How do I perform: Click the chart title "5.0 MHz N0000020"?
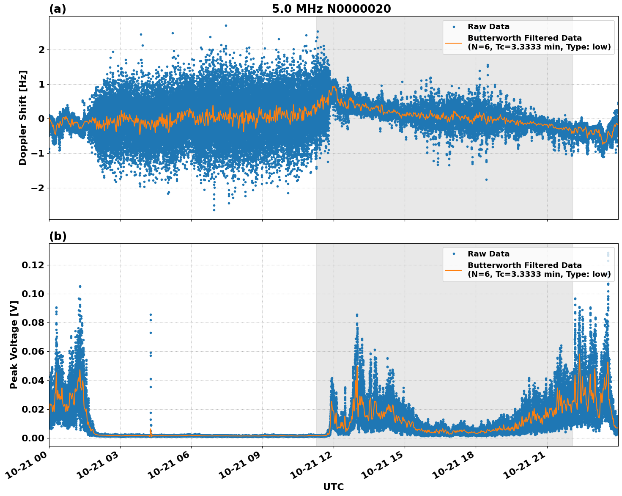point(331,9)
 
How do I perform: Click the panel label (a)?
point(58,9)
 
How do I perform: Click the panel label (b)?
point(58,236)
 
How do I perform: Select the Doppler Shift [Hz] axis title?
point(23,118)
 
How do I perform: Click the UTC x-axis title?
point(333,487)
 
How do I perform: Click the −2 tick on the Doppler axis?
point(38,188)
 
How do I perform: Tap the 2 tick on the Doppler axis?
point(41,50)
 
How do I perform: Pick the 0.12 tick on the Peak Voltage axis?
point(33,265)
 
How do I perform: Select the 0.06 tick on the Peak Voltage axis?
point(33,351)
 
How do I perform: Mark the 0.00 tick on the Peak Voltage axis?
point(33,438)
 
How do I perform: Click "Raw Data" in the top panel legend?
point(488,27)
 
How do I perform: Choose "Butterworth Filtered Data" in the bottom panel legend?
point(524,265)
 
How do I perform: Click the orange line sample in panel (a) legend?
point(454,42)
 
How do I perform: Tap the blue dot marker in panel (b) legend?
point(454,254)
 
